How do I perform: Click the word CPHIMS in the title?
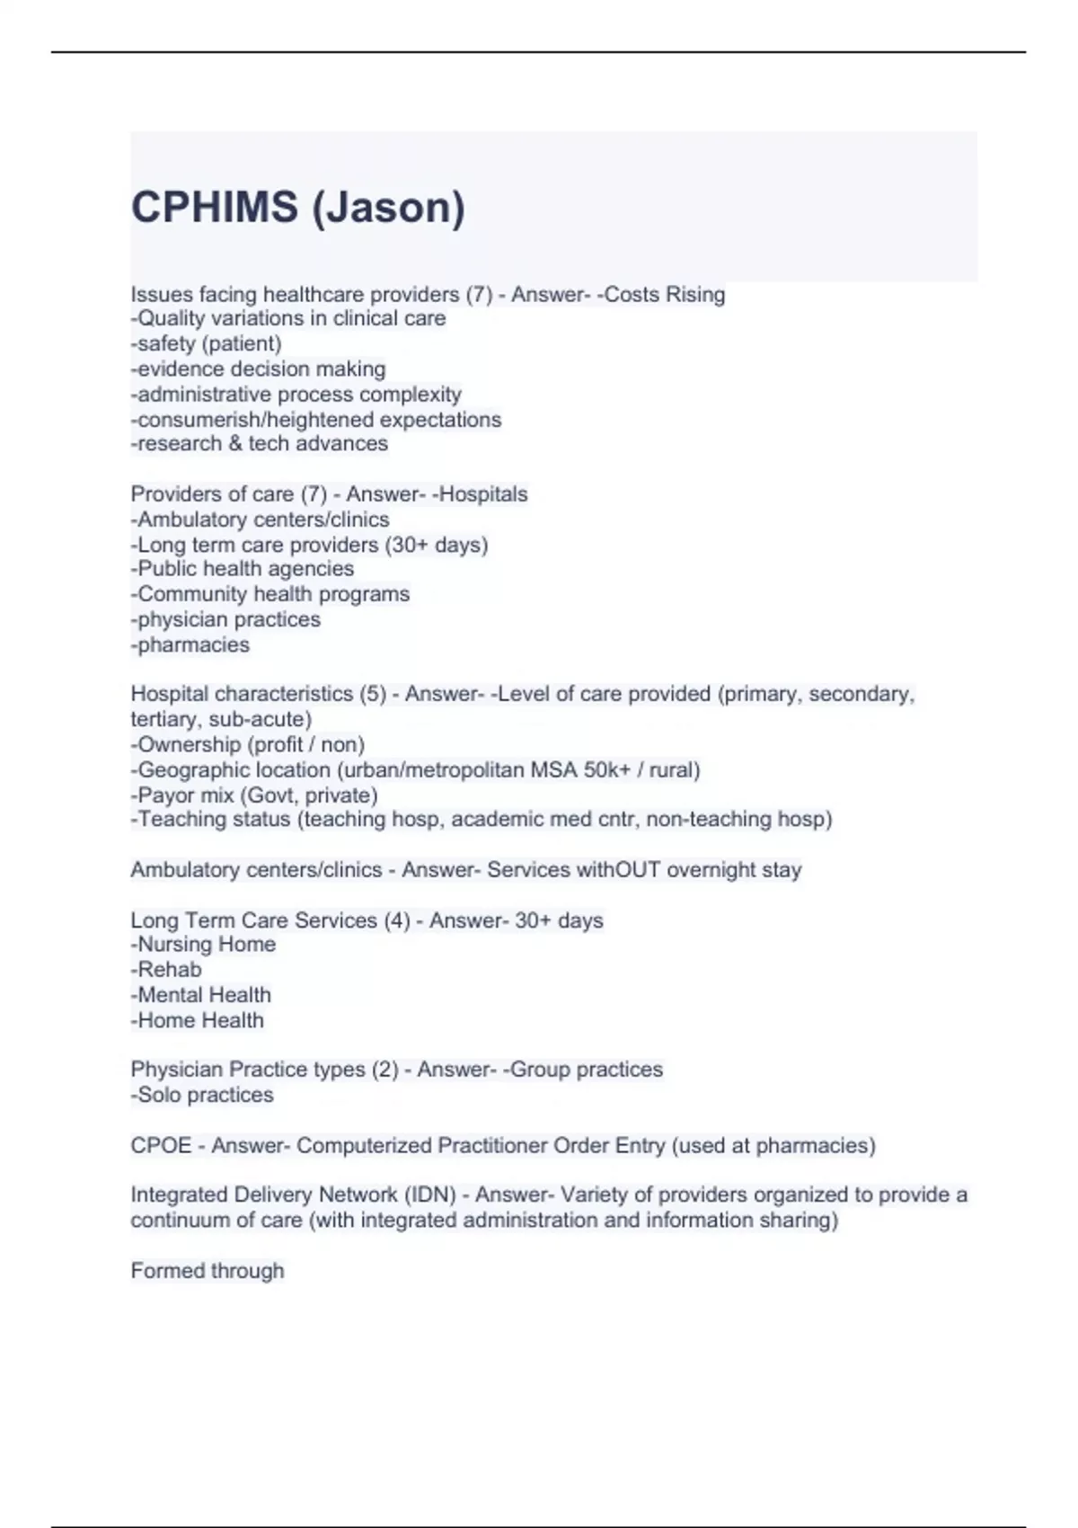point(214,208)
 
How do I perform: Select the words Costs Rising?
point(664,295)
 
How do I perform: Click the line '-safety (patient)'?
point(207,343)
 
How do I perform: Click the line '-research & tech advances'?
point(260,444)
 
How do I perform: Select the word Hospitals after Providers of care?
point(482,494)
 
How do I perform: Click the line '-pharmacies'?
point(190,645)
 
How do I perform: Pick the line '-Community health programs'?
point(270,594)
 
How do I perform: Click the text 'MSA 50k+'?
point(580,770)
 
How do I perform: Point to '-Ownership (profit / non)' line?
point(248,745)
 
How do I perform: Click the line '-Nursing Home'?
point(204,945)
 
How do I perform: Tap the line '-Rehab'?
point(166,970)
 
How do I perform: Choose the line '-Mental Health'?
point(201,995)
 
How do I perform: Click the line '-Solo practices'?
point(202,1095)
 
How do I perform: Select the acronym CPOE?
point(162,1146)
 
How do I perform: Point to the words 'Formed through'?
point(208,1271)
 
